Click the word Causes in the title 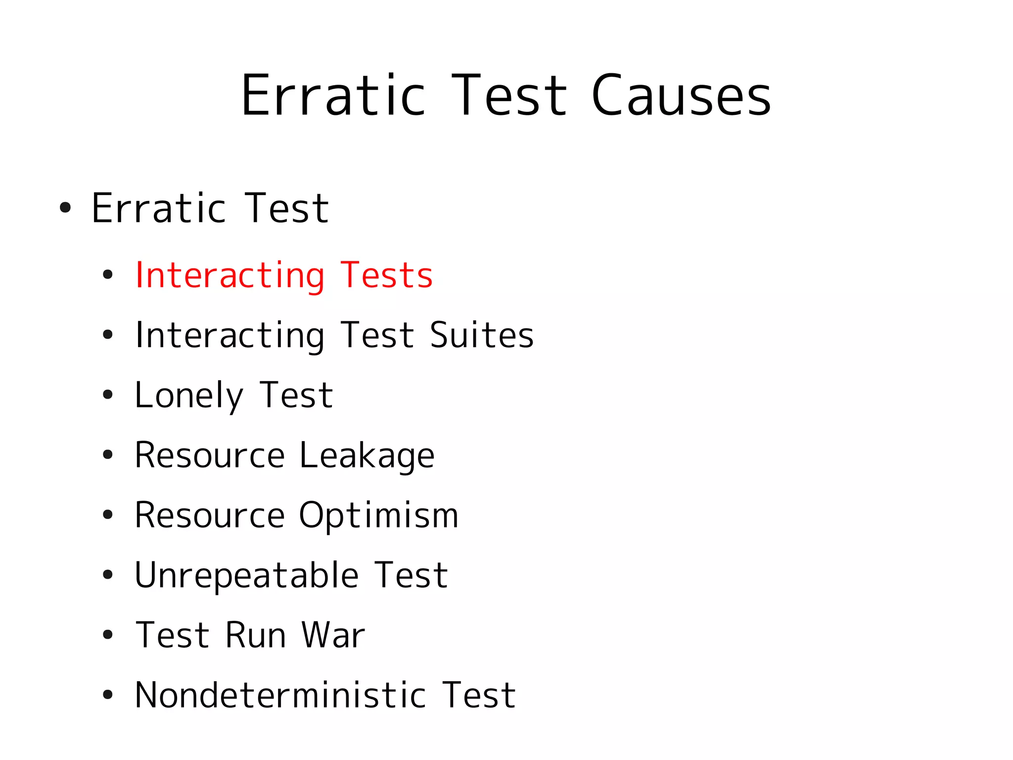[681, 96]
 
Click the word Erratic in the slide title [333, 96]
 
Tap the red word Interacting [230, 275]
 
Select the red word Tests [387, 275]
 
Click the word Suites [482, 335]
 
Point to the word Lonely [189, 396]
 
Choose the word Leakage [367, 455]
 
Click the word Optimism [378, 516]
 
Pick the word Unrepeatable [246, 575]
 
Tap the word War [333, 635]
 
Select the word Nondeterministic [280, 695]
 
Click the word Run [256, 635]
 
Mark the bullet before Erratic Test [65, 208]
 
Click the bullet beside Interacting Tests [108, 275]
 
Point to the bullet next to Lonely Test [108, 396]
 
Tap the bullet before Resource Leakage [108, 455]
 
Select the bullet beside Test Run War [108, 635]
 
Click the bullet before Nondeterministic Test [108, 695]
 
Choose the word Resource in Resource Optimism [210, 516]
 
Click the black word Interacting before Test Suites [230, 335]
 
